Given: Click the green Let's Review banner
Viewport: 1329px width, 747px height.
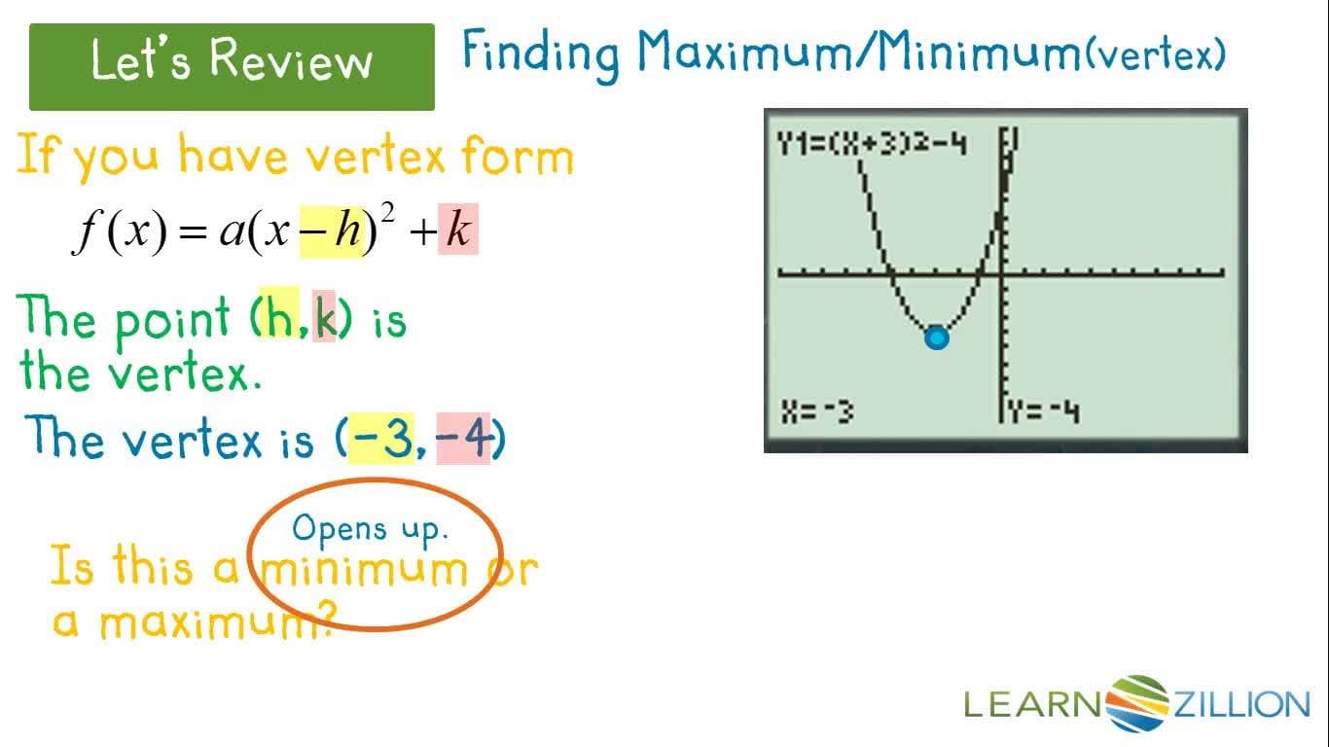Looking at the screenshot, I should pos(232,66).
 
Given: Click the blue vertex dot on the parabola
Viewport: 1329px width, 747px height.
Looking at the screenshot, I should pos(936,338).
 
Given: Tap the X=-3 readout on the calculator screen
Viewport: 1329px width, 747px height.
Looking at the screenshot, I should pos(818,412).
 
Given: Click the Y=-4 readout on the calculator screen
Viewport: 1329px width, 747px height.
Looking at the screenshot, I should pos(1043,412).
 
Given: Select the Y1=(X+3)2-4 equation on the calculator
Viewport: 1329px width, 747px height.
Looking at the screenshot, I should pos(871,145).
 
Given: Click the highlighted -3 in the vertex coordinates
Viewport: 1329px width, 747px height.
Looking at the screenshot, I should pos(382,440).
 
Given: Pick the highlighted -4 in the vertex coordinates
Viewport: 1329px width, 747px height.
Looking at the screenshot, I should pos(465,440).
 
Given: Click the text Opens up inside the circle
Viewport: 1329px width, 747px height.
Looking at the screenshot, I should pos(370,529).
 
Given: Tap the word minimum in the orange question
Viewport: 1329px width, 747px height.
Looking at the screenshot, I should pos(365,567).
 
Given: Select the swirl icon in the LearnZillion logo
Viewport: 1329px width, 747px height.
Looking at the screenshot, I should pos(1136,702).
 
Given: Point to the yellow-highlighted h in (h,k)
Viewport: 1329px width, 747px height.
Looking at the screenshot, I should pos(281,318).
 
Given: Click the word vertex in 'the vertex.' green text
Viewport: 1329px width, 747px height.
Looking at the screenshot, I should pos(184,372).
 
